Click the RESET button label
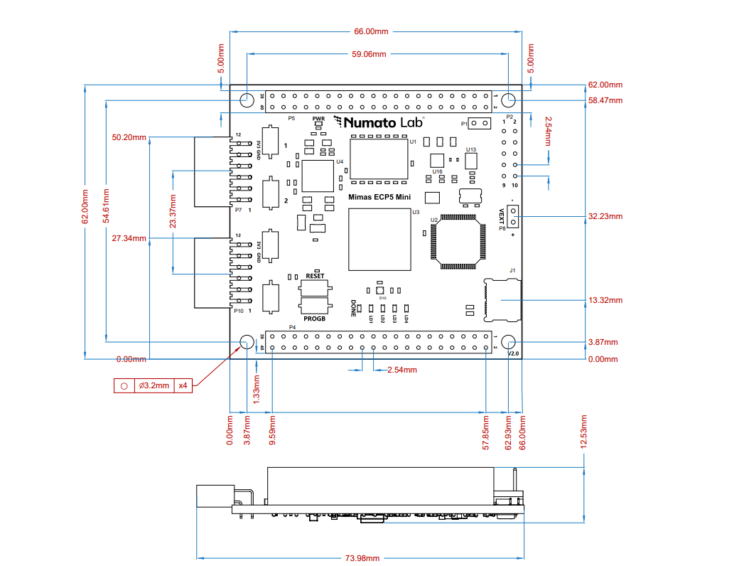pyautogui.click(x=315, y=275)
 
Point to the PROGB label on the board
pyautogui.click(x=315, y=319)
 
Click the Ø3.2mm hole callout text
pyautogui.click(x=153, y=385)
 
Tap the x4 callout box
pyautogui.click(x=183, y=385)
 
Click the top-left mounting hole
pyautogui.click(x=247, y=100)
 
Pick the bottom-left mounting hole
pyautogui.click(x=247, y=342)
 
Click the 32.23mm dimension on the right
pyautogui.click(x=605, y=216)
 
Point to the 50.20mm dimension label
pyautogui.click(x=129, y=137)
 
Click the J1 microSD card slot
pyautogui.click(x=502, y=300)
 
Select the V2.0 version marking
pyautogui.click(x=513, y=353)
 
